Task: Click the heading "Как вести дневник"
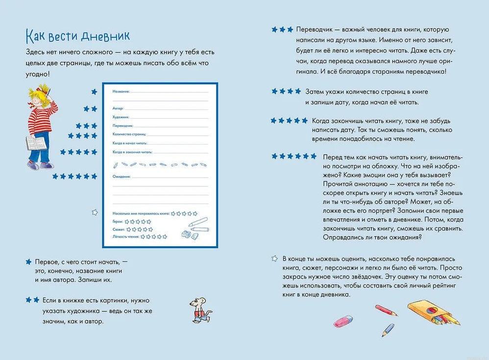click(x=77, y=36)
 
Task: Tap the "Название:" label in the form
click(x=121, y=92)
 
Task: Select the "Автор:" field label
click(x=118, y=108)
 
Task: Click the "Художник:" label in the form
click(x=121, y=117)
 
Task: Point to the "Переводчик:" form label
click(x=123, y=126)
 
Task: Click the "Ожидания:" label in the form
click(x=122, y=176)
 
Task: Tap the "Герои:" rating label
click(x=118, y=222)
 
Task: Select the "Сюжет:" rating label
click(x=119, y=229)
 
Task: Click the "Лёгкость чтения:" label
click(x=126, y=237)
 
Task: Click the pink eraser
click(x=343, y=321)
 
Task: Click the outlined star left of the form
click(x=95, y=212)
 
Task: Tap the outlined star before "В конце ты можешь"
click(x=275, y=258)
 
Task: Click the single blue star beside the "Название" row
click(x=95, y=92)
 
